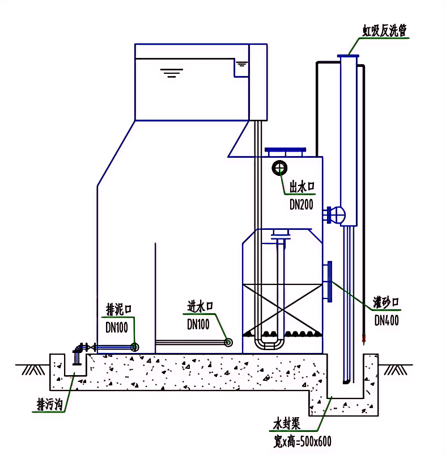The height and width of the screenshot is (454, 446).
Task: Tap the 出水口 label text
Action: pyautogui.click(x=302, y=187)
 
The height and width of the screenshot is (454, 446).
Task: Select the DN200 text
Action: pyautogui.click(x=301, y=205)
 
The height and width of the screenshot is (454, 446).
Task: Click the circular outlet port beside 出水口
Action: pyautogui.click(x=279, y=168)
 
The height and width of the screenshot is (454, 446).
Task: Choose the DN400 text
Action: pyautogui.click(x=386, y=321)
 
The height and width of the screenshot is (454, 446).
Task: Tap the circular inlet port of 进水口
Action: pyautogui.click(x=228, y=342)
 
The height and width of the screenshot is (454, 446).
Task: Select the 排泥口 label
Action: pyautogui.click(x=119, y=309)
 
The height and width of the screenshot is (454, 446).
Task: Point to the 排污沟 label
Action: pyautogui.click(x=49, y=405)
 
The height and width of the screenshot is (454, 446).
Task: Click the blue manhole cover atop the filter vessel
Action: pyautogui.click(x=286, y=152)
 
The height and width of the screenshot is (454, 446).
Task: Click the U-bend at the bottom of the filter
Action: pyautogui.click(x=269, y=344)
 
